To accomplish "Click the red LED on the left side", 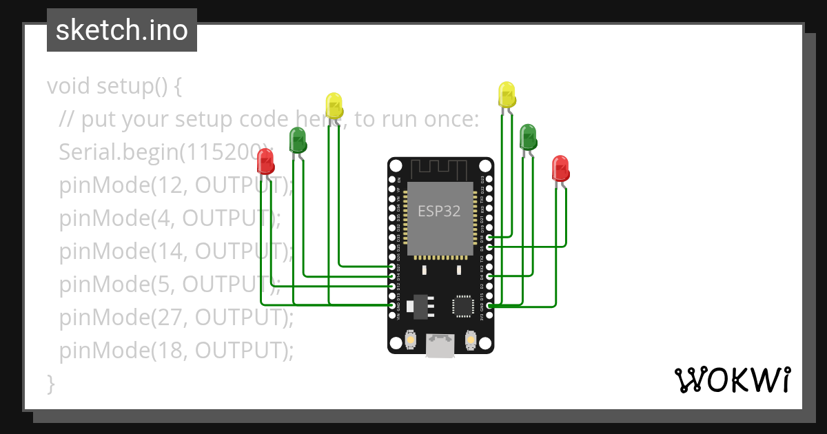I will [x=265, y=163].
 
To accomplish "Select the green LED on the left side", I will [x=298, y=139].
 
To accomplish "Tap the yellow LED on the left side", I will [x=334, y=105].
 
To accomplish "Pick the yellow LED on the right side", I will [x=507, y=94].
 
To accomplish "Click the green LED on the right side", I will [x=528, y=136].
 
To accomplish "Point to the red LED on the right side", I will [x=560, y=168].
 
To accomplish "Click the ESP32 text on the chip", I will [x=439, y=211].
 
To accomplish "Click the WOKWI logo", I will [x=732, y=380].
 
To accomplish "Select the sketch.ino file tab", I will [x=122, y=30].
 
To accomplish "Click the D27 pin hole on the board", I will [x=391, y=266].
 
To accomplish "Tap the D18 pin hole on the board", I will [x=489, y=238].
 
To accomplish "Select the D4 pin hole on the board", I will [x=489, y=276].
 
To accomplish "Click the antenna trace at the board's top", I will [x=440, y=167].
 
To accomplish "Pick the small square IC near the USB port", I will [x=462, y=306].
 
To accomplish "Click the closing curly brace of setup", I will [x=50, y=383].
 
